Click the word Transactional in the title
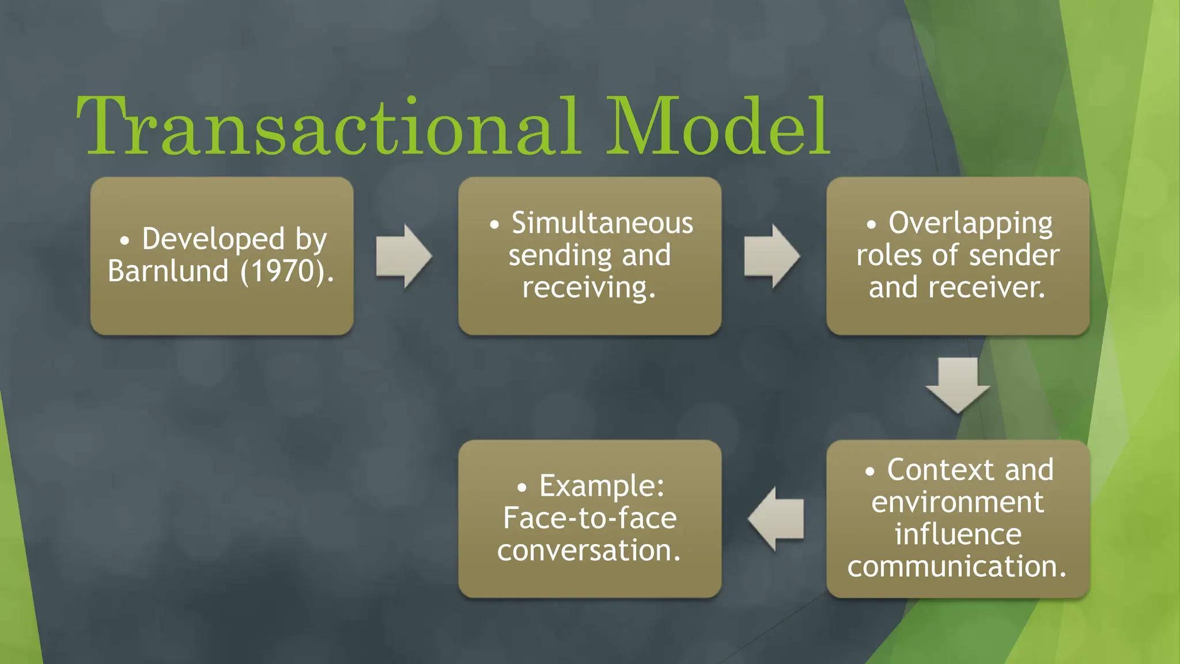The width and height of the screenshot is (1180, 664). pyautogui.click(x=328, y=127)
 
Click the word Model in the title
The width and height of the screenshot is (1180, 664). pyautogui.click(x=717, y=127)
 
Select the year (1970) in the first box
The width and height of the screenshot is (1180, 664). pyautogui.click(x=287, y=271)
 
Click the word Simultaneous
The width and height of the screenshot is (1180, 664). pyautogui.click(x=602, y=223)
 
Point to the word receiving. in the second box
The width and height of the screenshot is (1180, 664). pyautogui.click(x=589, y=288)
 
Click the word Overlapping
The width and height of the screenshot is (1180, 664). pyautogui.click(x=970, y=223)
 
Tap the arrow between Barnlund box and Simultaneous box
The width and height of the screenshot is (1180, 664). pyautogui.click(x=404, y=256)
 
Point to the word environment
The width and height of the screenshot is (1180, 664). pyautogui.click(x=957, y=502)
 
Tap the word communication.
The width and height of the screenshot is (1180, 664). pyautogui.click(x=956, y=567)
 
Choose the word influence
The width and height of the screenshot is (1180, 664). pyautogui.click(x=958, y=534)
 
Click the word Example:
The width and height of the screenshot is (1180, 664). pyautogui.click(x=602, y=486)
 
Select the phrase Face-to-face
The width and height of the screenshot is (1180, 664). pyautogui.click(x=589, y=518)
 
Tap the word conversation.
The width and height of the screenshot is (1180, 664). pyautogui.click(x=589, y=550)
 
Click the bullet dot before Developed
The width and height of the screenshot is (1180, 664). pyautogui.click(x=124, y=240)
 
